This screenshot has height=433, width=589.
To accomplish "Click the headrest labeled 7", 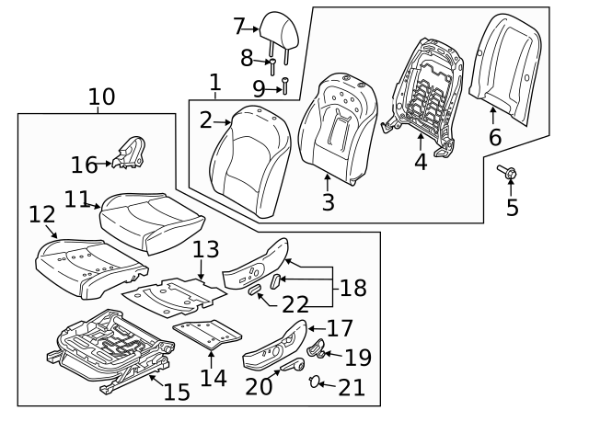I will pyautogui.click(x=276, y=28).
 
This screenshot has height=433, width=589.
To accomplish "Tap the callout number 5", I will pyautogui.click(x=513, y=208).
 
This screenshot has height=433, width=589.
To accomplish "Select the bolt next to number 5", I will pyautogui.click(x=507, y=172).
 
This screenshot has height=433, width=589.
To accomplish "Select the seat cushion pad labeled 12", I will pyautogui.click(x=87, y=268).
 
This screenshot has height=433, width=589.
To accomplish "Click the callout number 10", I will pyautogui.click(x=101, y=97).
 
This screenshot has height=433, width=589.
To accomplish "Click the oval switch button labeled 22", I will pyautogui.click(x=252, y=290).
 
